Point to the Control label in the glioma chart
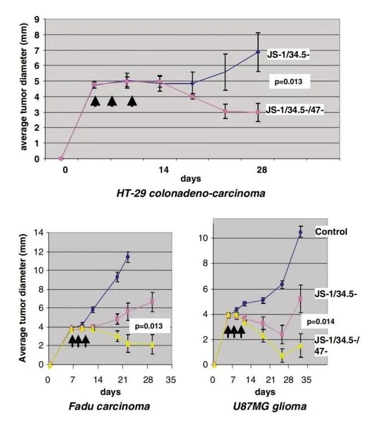331,231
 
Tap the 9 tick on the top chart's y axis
37,19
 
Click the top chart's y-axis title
24,89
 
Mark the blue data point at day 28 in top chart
258,52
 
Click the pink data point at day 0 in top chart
61,159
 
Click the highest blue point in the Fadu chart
127,256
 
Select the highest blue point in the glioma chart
301,231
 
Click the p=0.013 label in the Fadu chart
150,326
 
